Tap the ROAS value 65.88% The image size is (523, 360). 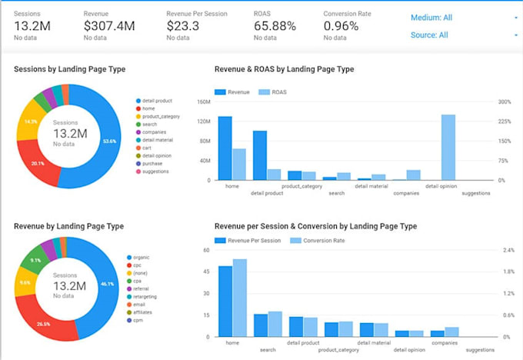[x=275, y=26]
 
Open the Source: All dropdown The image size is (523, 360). [x=461, y=35]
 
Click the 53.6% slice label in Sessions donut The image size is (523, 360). [x=109, y=141]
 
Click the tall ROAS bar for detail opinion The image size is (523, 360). [x=448, y=147]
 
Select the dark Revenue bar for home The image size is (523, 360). [x=225, y=148]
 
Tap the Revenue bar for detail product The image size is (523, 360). [x=260, y=155]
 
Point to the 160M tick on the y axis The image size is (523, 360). [x=204, y=102]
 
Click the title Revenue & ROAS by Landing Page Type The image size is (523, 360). [x=284, y=69]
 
